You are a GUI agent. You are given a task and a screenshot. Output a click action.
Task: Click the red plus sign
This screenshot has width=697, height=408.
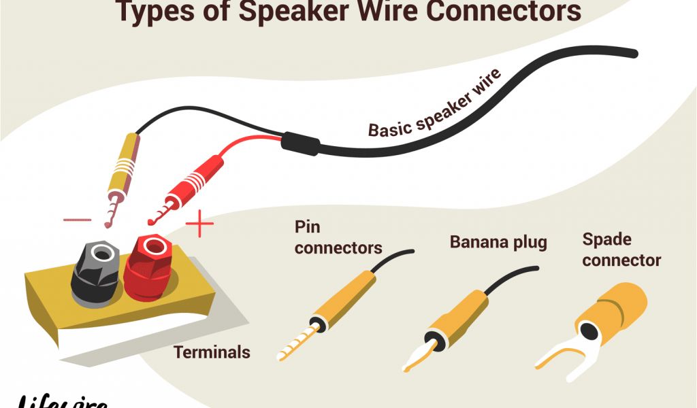199,224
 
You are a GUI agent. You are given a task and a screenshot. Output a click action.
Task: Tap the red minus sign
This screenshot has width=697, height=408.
77,220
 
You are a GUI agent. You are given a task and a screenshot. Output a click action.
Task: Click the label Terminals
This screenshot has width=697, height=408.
212,352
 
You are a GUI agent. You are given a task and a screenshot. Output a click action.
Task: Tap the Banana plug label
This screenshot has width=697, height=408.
498,242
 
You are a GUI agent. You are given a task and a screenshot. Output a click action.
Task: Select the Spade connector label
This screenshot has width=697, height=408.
621,250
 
